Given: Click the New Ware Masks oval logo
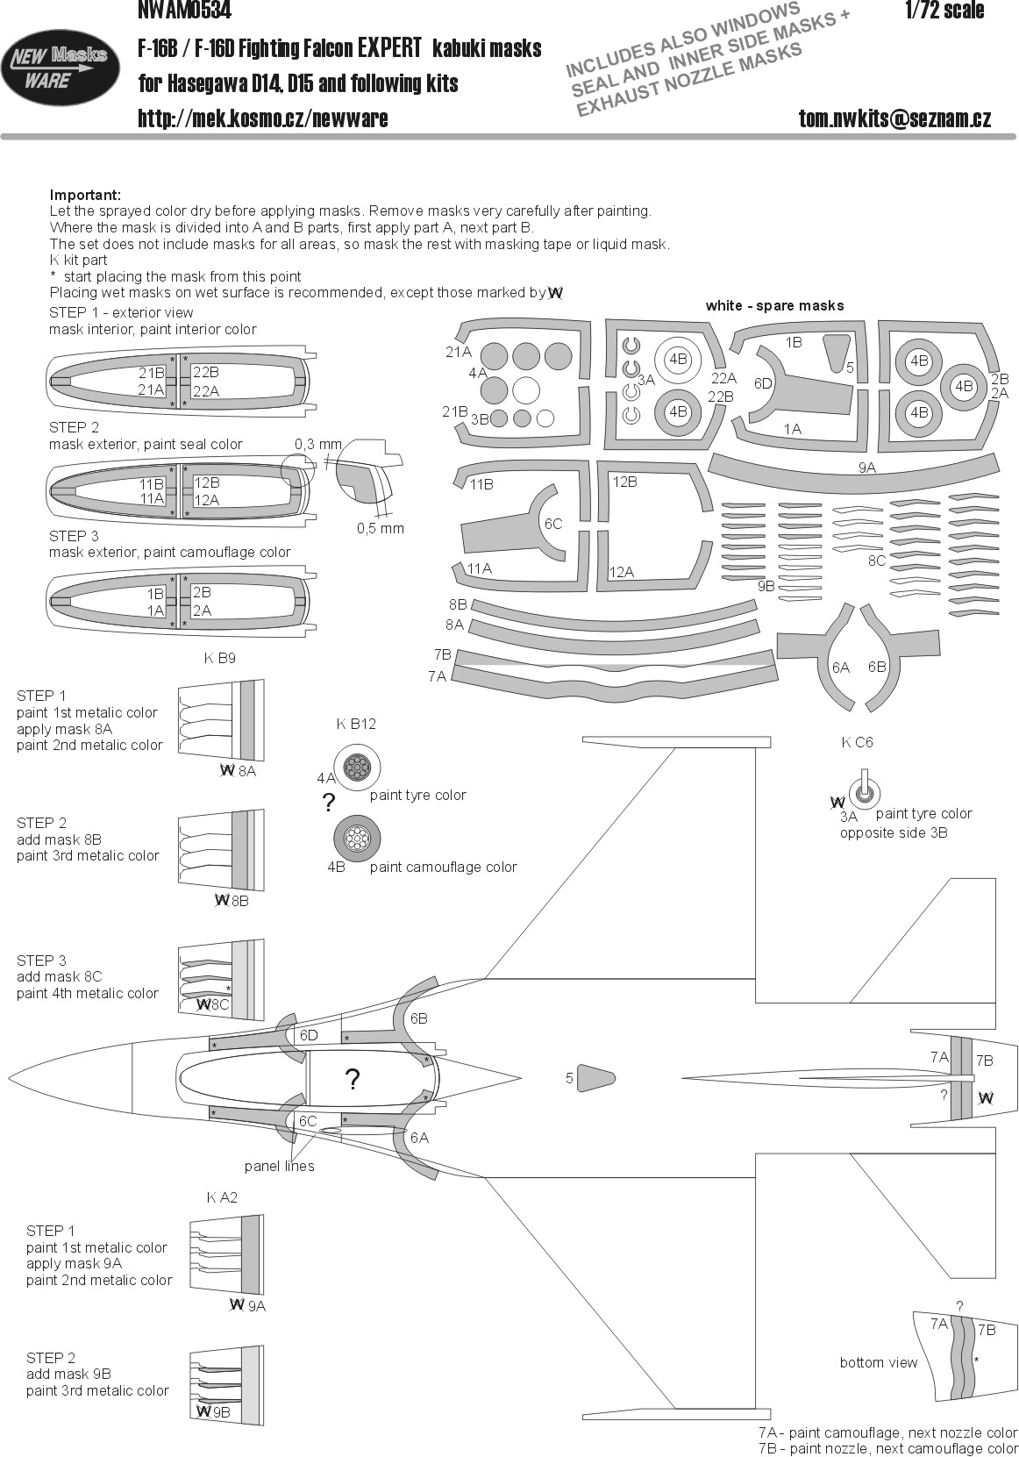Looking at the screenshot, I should coord(61,65).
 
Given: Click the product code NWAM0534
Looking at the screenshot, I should coord(184,11).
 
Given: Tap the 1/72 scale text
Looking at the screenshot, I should coord(944,11).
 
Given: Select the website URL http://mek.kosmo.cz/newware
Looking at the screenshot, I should coord(263,118).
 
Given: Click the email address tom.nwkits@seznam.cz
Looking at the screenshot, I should coord(894,118).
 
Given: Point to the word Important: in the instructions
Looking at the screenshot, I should coord(85,195).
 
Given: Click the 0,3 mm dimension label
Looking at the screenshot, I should coord(317,444).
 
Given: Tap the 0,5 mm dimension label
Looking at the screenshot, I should coord(380,528).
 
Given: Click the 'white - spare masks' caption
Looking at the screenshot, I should coord(774,305).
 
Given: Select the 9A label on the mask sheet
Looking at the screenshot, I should coord(867,468).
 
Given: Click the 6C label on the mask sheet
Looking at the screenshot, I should coord(553,524).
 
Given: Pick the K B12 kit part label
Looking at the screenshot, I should coord(356,724).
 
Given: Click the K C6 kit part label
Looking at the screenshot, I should coord(857,742).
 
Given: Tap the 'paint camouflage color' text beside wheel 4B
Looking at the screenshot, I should coord(443,867).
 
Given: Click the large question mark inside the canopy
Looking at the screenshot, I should coord(353,1080).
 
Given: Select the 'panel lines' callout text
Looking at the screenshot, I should coord(279,1166).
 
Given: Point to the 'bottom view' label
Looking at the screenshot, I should coord(878,1362).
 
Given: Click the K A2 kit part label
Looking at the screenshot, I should coord(222,1197).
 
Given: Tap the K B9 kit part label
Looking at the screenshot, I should coord(219,658).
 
